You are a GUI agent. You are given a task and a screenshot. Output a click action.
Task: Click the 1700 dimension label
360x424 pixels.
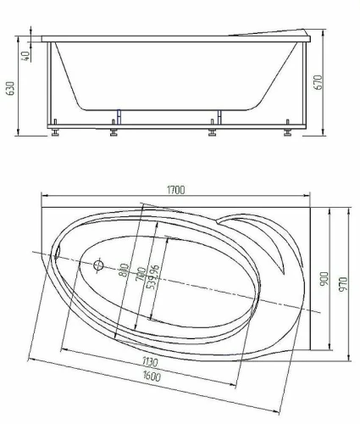pyautogui.click(x=175, y=190)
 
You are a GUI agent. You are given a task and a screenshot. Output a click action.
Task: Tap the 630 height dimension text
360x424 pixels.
pyautogui.click(x=10, y=88)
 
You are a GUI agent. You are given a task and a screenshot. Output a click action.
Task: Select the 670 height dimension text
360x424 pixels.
pyautogui.click(x=318, y=82)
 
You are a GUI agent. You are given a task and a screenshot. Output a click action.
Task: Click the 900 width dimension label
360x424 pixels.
pyautogui.click(x=324, y=278)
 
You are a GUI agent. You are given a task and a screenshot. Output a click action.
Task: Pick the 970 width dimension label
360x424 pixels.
pyautogui.click(x=343, y=285)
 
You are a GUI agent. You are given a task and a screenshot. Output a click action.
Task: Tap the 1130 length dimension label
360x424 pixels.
pyautogui.click(x=150, y=362)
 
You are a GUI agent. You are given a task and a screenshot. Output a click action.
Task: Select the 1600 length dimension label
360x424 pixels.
pyautogui.click(x=152, y=376)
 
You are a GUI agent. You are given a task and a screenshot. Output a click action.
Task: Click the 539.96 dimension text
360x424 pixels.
pyautogui.click(x=153, y=277)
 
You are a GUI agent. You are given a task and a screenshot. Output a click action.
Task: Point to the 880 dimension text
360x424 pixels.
pyautogui.click(x=124, y=271)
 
